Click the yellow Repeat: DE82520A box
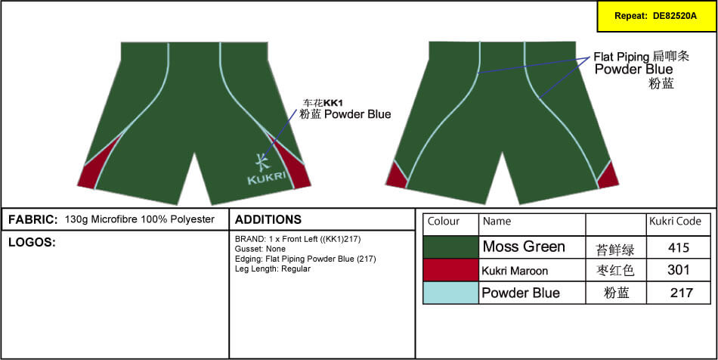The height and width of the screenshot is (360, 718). (x=657, y=16)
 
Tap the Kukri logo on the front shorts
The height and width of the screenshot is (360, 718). (x=265, y=170)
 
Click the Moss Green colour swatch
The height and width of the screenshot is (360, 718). (x=450, y=247)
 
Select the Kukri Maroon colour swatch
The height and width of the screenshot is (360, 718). (x=450, y=270)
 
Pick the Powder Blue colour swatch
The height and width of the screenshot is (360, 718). (x=450, y=292)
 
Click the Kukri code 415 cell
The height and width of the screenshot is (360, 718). (x=678, y=247)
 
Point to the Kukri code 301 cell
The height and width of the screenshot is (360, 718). (x=678, y=270)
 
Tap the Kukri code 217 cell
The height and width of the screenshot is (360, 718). (x=678, y=293)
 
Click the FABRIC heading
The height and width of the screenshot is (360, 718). (x=33, y=219)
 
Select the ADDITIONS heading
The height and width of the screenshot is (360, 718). (x=268, y=219)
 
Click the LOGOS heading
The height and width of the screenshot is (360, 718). (x=32, y=242)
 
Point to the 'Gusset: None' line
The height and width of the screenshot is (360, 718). (x=260, y=249)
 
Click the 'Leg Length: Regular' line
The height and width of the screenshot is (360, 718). (x=272, y=268)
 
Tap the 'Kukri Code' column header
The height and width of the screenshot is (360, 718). (x=675, y=222)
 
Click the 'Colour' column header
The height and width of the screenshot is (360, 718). (x=443, y=222)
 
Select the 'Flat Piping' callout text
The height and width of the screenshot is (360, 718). (x=621, y=57)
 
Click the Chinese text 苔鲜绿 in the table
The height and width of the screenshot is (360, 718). (x=615, y=250)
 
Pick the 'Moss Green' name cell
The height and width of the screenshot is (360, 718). (x=524, y=247)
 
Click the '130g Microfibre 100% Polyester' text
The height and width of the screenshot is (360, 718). (x=140, y=219)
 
